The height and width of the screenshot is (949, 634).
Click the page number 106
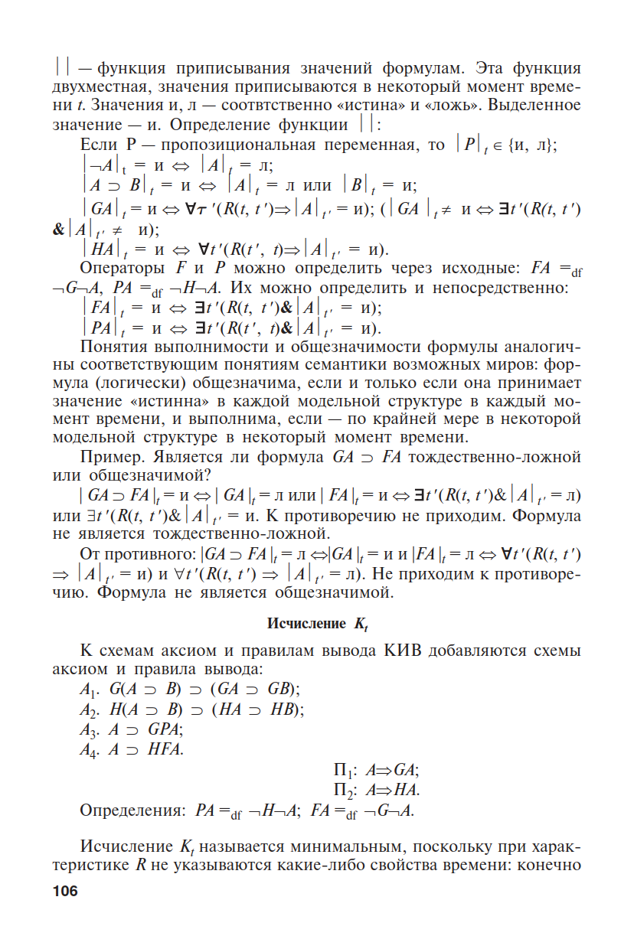tap(66, 891)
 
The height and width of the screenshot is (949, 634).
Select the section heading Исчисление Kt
tap(317, 624)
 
